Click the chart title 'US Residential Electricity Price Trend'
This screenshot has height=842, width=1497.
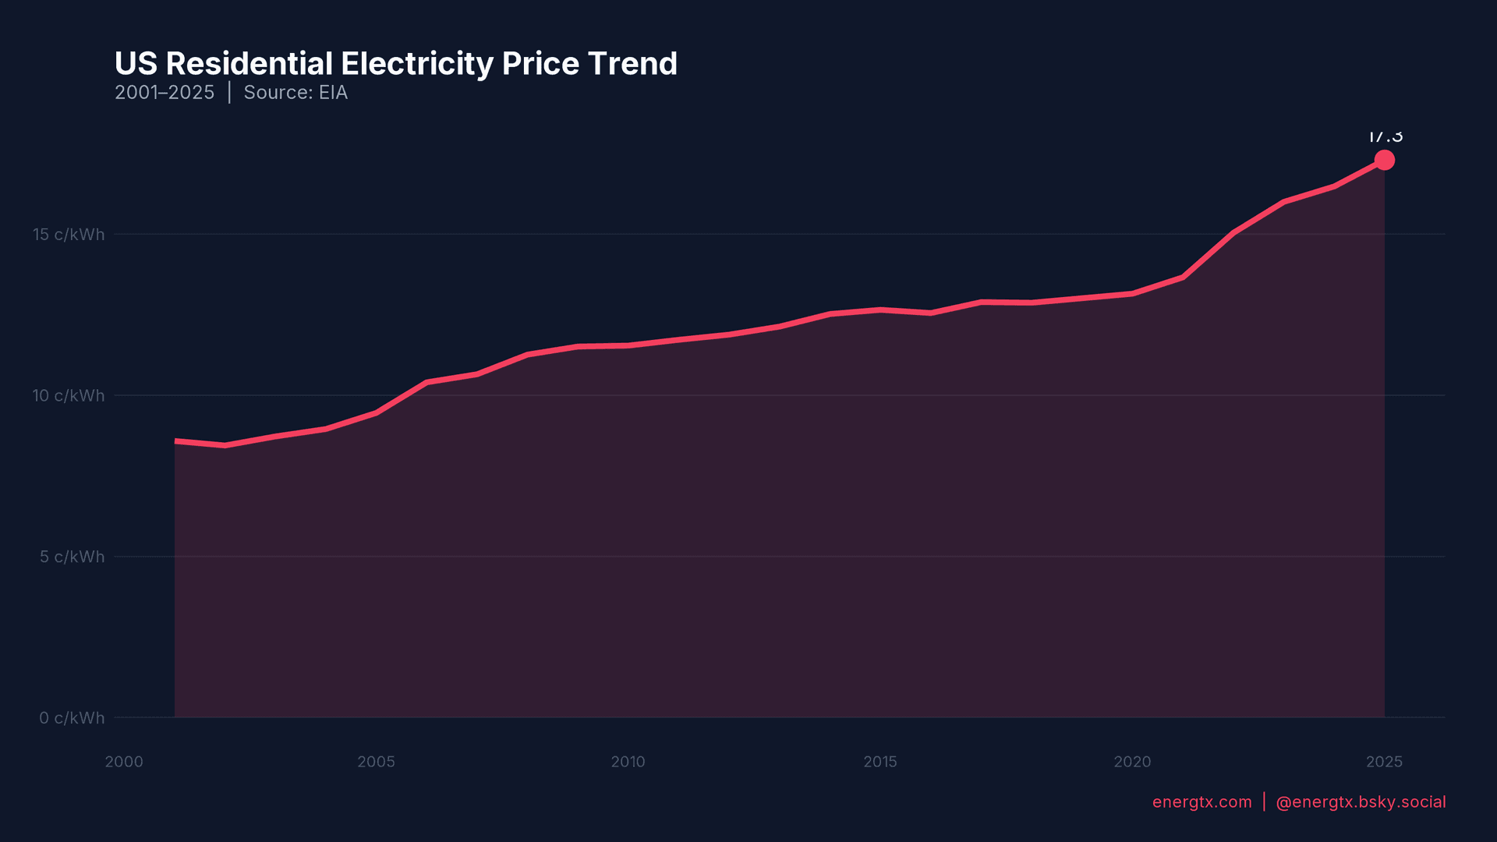pos(395,64)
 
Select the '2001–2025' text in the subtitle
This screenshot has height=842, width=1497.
pos(164,93)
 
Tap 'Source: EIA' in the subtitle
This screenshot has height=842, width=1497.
pos(296,93)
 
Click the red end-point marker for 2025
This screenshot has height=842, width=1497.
pos(1384,160)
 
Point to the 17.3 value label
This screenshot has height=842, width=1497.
pos(1385,137)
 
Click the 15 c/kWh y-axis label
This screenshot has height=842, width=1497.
pos(69,235)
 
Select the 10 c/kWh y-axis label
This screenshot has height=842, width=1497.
pos(69,396)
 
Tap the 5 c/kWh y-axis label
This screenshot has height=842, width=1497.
pos(72,557)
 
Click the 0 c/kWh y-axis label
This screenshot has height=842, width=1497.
pos(72,718)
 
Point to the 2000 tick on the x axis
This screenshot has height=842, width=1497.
pos(124,762)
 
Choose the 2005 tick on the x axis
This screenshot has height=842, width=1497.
pos(376,762)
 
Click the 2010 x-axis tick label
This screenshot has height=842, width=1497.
pos(628,762)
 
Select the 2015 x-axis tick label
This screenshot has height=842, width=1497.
pos(880,762)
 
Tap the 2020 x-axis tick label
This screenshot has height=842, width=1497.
pos(1132,762)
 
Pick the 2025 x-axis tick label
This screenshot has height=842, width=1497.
pos(1384,762)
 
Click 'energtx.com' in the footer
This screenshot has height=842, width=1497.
pos(1201,802)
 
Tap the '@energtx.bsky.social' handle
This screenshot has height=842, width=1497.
pos(1361,802)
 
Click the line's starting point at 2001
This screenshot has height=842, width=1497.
pos(175,441)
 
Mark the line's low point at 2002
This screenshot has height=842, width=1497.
pos(225,445)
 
